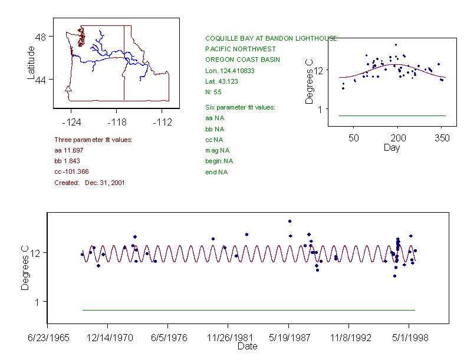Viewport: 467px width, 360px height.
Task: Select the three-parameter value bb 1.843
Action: click(67, 161)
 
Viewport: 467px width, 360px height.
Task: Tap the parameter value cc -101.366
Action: click(71, 171)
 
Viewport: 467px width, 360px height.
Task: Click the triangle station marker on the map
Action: click(68, 90)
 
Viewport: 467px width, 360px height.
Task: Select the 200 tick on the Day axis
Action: click(397, 138)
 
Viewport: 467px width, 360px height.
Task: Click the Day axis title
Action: click(391, 147)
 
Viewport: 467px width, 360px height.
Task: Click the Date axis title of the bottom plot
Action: click(247, 346)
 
